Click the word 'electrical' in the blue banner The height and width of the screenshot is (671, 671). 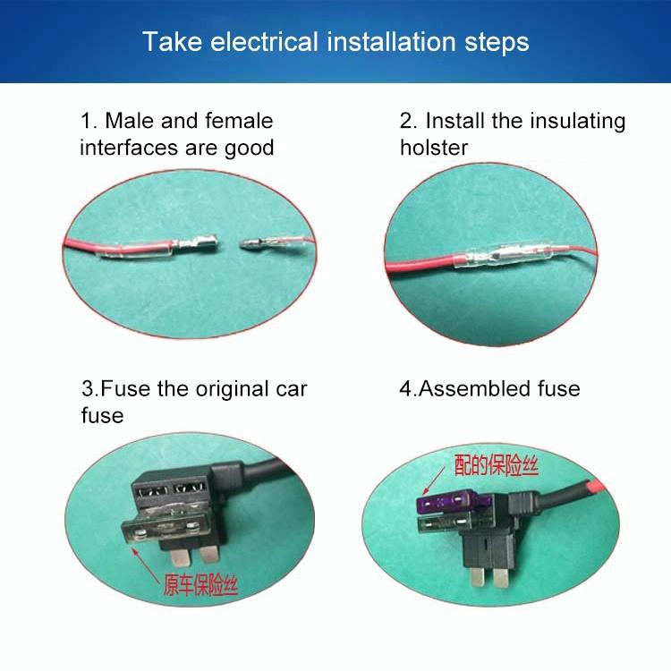click(264, 42)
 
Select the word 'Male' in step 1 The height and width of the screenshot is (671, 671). click(130, 121)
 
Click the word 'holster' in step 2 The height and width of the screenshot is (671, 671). click(434, 148)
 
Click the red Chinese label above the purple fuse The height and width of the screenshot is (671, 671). click(496, 465)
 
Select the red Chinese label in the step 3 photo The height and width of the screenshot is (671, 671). click(200, 585)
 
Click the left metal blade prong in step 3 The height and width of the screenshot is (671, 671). click(178, 556)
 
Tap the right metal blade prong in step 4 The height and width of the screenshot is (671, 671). click(503, 578)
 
